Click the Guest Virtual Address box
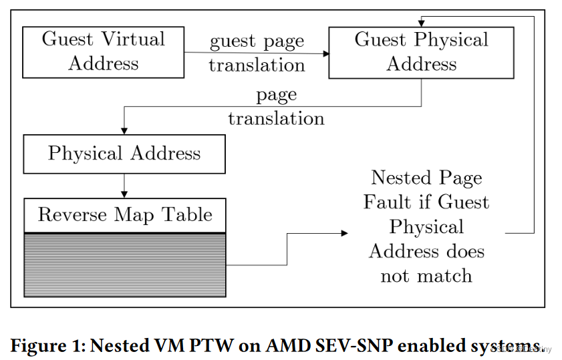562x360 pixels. tap(104, 52)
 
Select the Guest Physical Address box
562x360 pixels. tap(421, 52)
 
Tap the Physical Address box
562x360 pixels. tap(124, 154)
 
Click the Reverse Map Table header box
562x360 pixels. tap(124, 214)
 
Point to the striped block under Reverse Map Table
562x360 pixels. tap(124, 264)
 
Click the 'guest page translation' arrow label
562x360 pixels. tap(257, 53)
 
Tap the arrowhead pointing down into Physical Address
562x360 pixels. tap(124, 131)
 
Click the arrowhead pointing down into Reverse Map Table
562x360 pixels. tap(124, 194)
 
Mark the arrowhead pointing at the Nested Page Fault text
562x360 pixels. tap(345, 232)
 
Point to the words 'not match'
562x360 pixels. tap(426, 276)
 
